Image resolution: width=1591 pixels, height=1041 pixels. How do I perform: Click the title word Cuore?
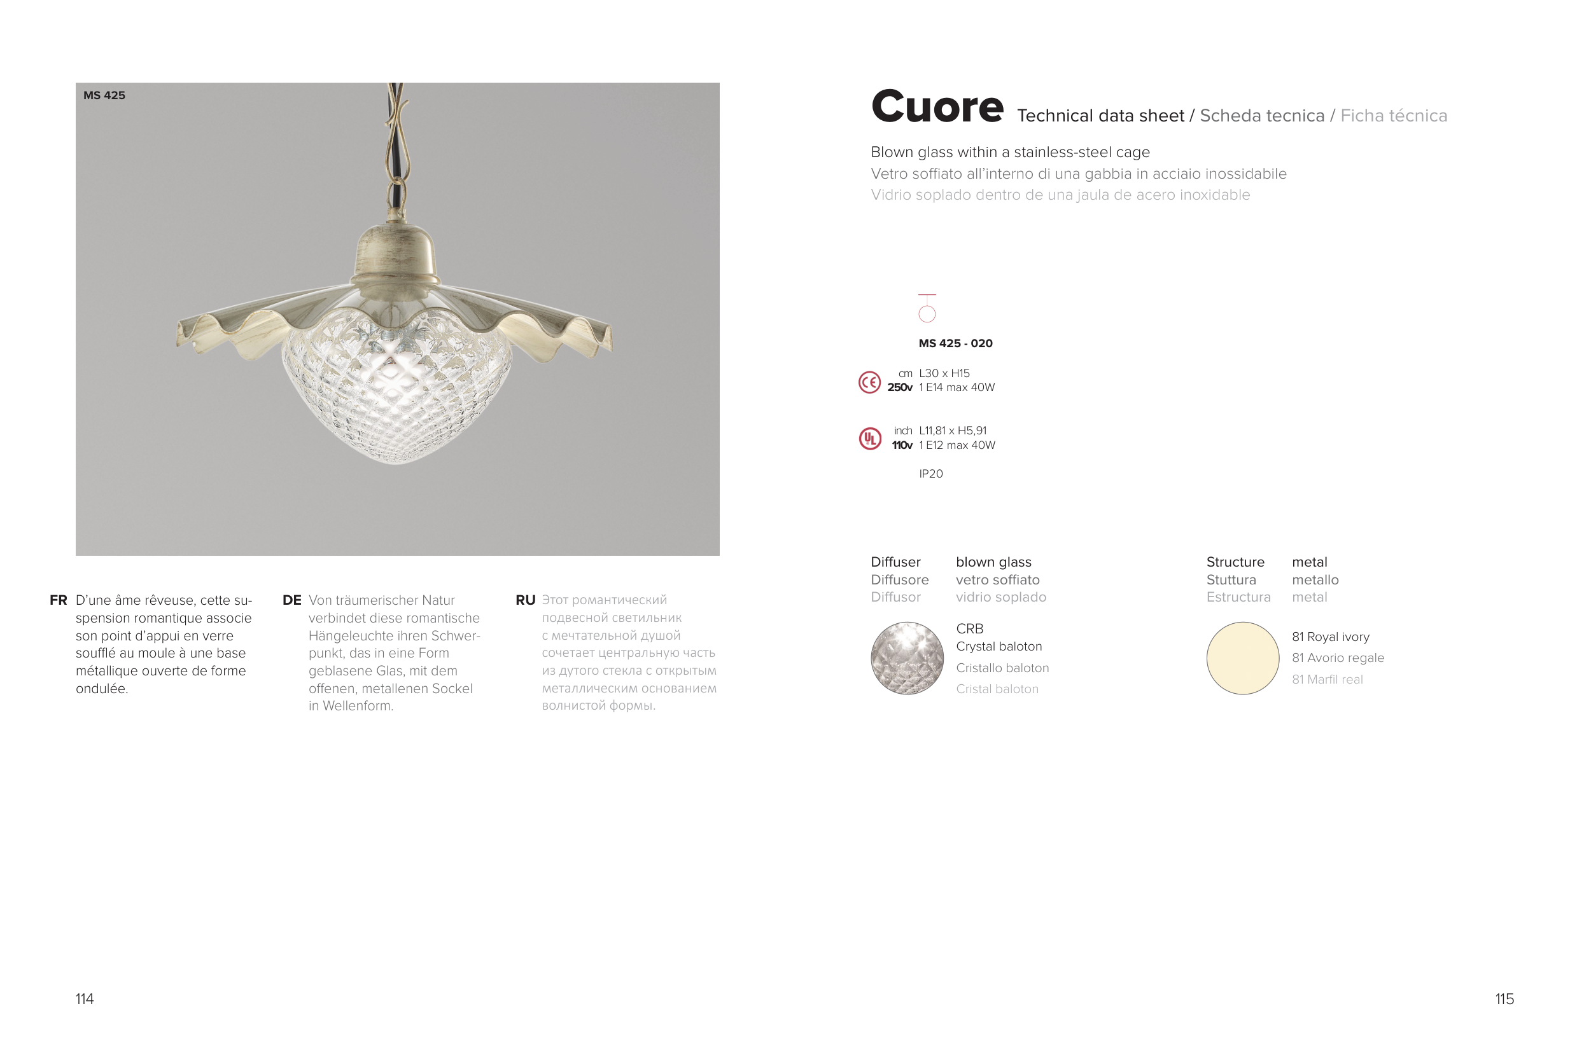[x=937, y=107]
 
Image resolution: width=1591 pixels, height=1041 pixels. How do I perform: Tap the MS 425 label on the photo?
[x=104, y=95]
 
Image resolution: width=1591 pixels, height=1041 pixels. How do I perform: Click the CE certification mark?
[x=870, y=382]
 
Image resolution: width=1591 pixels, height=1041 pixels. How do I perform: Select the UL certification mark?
[x=870, y=439]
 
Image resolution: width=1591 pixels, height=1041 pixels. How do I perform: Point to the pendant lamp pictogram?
[x=927, y=308]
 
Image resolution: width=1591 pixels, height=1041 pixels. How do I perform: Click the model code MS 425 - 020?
[x=955, y=343]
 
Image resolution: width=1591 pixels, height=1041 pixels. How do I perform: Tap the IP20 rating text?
[x=930, y=474]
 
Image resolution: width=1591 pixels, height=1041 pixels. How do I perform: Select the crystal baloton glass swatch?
[x=907, y=658]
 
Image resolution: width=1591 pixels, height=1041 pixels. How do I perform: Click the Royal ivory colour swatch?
[x=1243, y=658]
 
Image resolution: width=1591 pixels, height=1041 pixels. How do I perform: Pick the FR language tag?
[x=58, y=600]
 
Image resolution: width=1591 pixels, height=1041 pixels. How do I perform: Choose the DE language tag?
[x=291, y=600]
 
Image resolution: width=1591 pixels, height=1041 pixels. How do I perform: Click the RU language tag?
[x=526, y=600]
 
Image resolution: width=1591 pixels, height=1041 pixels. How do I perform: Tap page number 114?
[x=84, y=999]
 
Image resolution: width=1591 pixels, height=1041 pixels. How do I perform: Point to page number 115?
[x=1504, y=999]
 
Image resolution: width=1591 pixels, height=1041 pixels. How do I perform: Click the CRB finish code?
[x=969, y=629]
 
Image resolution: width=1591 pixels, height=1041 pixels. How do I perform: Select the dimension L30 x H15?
[x=944, y=373]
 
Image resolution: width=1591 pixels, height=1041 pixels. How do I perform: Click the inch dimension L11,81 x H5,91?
[x=953, y=431]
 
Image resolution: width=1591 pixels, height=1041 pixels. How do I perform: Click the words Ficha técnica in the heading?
[x=1394, y=116]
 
